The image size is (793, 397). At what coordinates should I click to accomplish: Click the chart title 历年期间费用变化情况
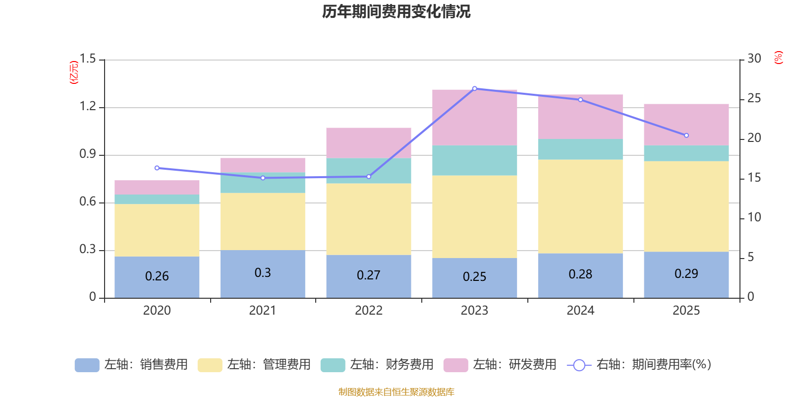coord(396,11)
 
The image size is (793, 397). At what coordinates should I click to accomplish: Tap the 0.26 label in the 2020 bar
coord(157,276)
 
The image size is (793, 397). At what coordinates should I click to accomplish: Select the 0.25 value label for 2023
coord(474,277)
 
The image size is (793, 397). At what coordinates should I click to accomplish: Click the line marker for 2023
coord(474,88)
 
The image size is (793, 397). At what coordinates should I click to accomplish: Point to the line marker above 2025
coord(686,135)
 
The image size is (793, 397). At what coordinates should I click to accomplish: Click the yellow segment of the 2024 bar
coord(580,206)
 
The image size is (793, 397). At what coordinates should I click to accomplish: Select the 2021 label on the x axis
coord(263,311)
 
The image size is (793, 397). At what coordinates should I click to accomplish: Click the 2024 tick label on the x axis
coord(580,311)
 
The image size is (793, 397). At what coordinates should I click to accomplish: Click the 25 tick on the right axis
coord(754,99)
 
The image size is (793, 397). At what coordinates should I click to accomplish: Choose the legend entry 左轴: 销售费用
coord(132,365)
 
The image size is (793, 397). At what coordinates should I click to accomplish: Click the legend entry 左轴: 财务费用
coord(378,365)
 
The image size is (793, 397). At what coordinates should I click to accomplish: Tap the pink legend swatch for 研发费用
coord(455,365)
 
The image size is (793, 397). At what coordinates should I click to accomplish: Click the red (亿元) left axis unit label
coord(74,72)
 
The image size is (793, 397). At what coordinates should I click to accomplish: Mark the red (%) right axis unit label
coord(779,58)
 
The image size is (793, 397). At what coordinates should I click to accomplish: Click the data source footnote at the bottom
coord(396,392)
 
